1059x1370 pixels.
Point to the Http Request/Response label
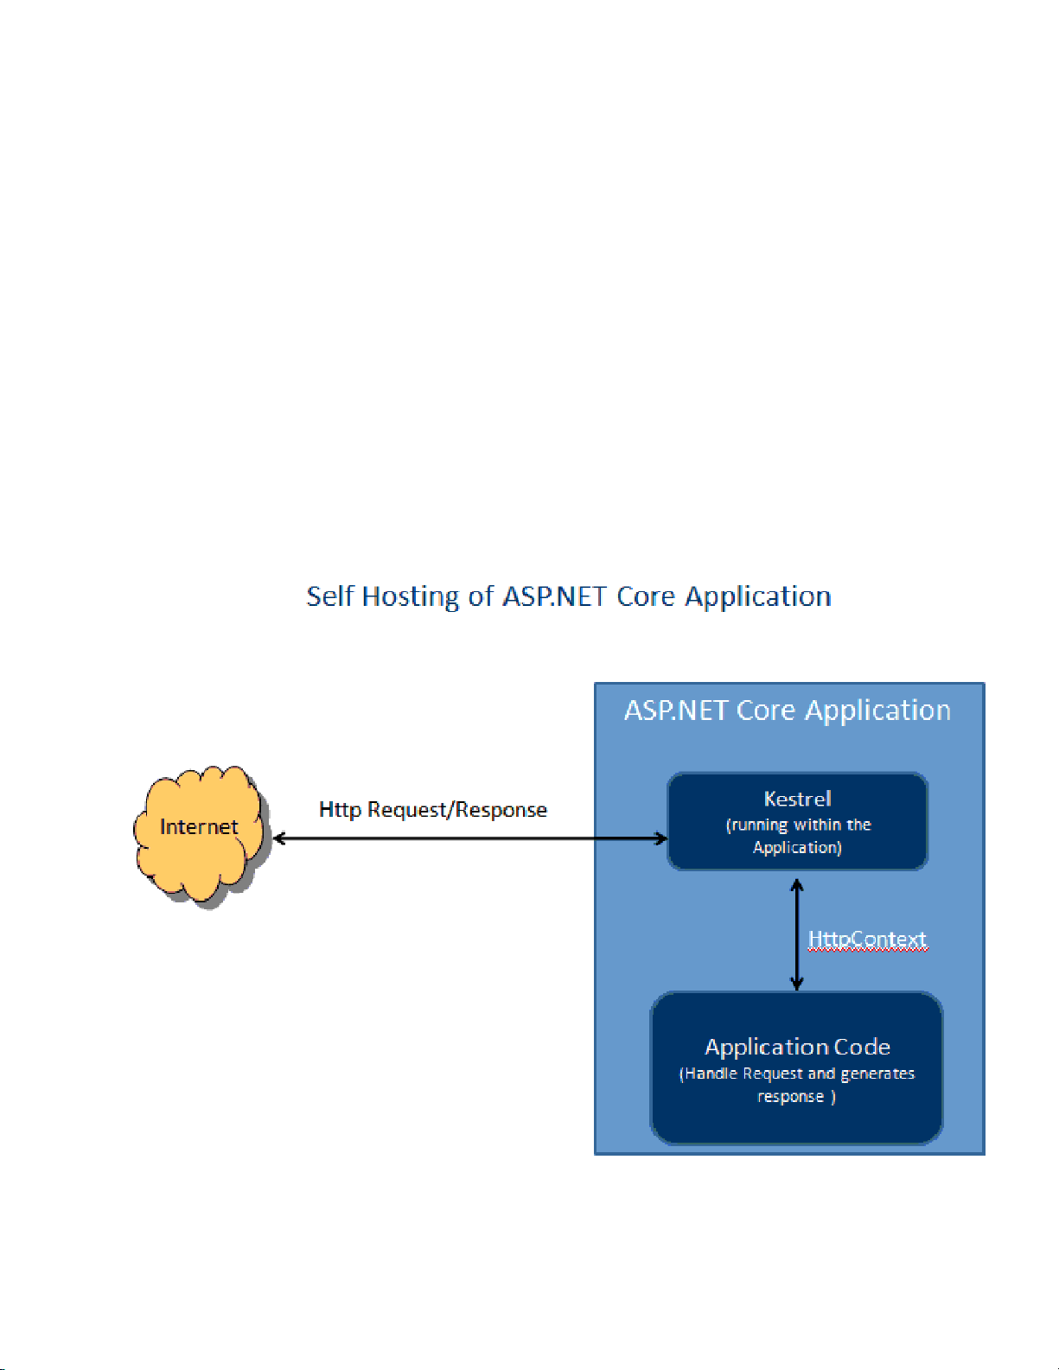coord(432,810)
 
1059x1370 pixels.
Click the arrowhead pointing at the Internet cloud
coord(279,838)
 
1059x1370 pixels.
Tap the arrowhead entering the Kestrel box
coord(660,838)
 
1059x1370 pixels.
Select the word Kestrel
coord(797,799)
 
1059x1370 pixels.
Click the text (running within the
coord(798,825)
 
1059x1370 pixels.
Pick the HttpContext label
coord(867,940)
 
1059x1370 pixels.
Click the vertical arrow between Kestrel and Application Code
coord(797,934)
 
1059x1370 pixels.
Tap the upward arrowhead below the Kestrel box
coord(797,884)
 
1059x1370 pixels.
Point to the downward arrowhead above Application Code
coord(797,984)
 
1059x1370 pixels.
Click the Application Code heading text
coord(797,1047)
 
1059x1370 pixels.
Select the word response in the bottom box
coord(790,1097)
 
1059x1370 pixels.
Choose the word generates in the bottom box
coord(877,1074)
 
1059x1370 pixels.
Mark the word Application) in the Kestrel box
coord(797,848)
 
